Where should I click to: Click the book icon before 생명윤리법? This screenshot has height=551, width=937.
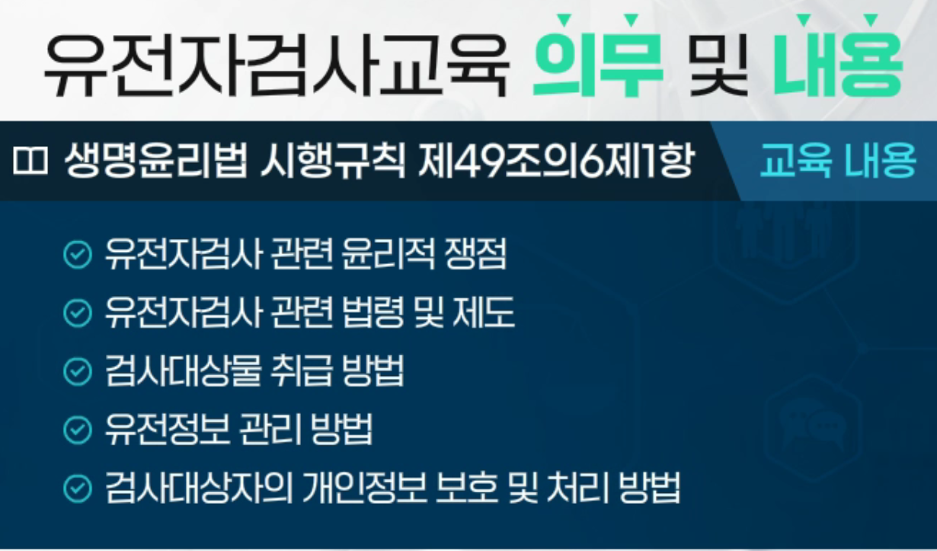click(x=30, y=161)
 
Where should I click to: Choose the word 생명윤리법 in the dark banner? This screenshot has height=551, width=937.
click(x=155, y=161)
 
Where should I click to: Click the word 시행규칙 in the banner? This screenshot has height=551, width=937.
click(x=333, y=161)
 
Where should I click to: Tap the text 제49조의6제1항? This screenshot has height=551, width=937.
click(x=555, y=161)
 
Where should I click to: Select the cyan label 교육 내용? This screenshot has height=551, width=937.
click(x=838, y=161)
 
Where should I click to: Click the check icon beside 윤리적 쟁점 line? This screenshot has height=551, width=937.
click(x=78, y=254)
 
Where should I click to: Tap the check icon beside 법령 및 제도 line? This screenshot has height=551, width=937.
click(x=78, y=313)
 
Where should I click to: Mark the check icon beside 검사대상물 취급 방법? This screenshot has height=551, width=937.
click(x=78, y=371)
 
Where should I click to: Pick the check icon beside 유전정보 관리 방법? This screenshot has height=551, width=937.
click(x=78, y=429)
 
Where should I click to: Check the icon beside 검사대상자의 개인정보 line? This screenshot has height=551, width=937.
click(x=78, y=488)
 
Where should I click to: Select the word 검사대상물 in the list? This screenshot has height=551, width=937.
click(x=184, y=371)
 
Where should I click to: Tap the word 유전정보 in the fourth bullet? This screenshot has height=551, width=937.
click(x=168, y=429)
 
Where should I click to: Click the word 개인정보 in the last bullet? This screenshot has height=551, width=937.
click(x=364, y=488)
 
